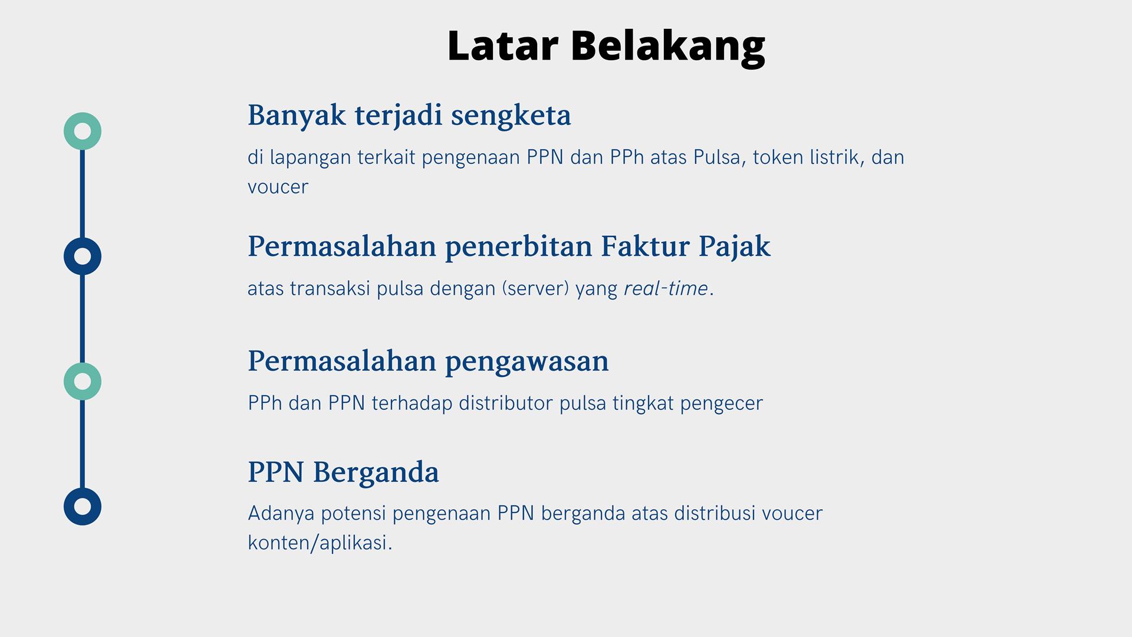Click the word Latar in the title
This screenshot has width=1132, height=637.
click(502, 45)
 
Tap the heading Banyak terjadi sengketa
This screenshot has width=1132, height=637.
click(409, 116)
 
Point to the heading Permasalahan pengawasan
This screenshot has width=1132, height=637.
click(428, 362)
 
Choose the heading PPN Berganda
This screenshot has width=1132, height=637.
click(343, 472)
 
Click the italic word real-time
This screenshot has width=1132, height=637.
click(666, 288)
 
